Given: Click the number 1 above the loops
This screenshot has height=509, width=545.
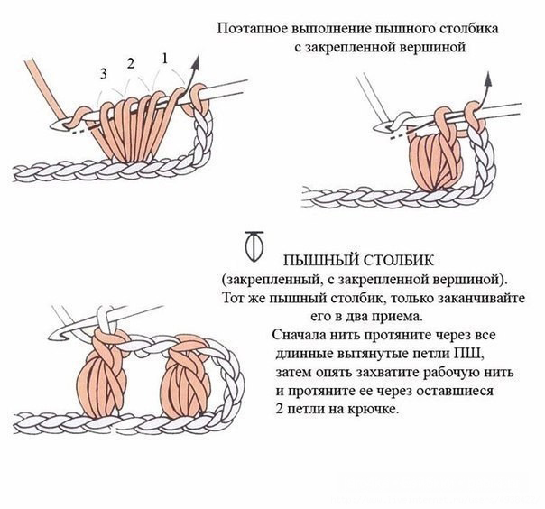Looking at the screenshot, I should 165,59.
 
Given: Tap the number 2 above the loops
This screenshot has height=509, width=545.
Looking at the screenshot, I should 132,63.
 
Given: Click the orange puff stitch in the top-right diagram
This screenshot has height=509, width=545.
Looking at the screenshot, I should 438,161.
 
